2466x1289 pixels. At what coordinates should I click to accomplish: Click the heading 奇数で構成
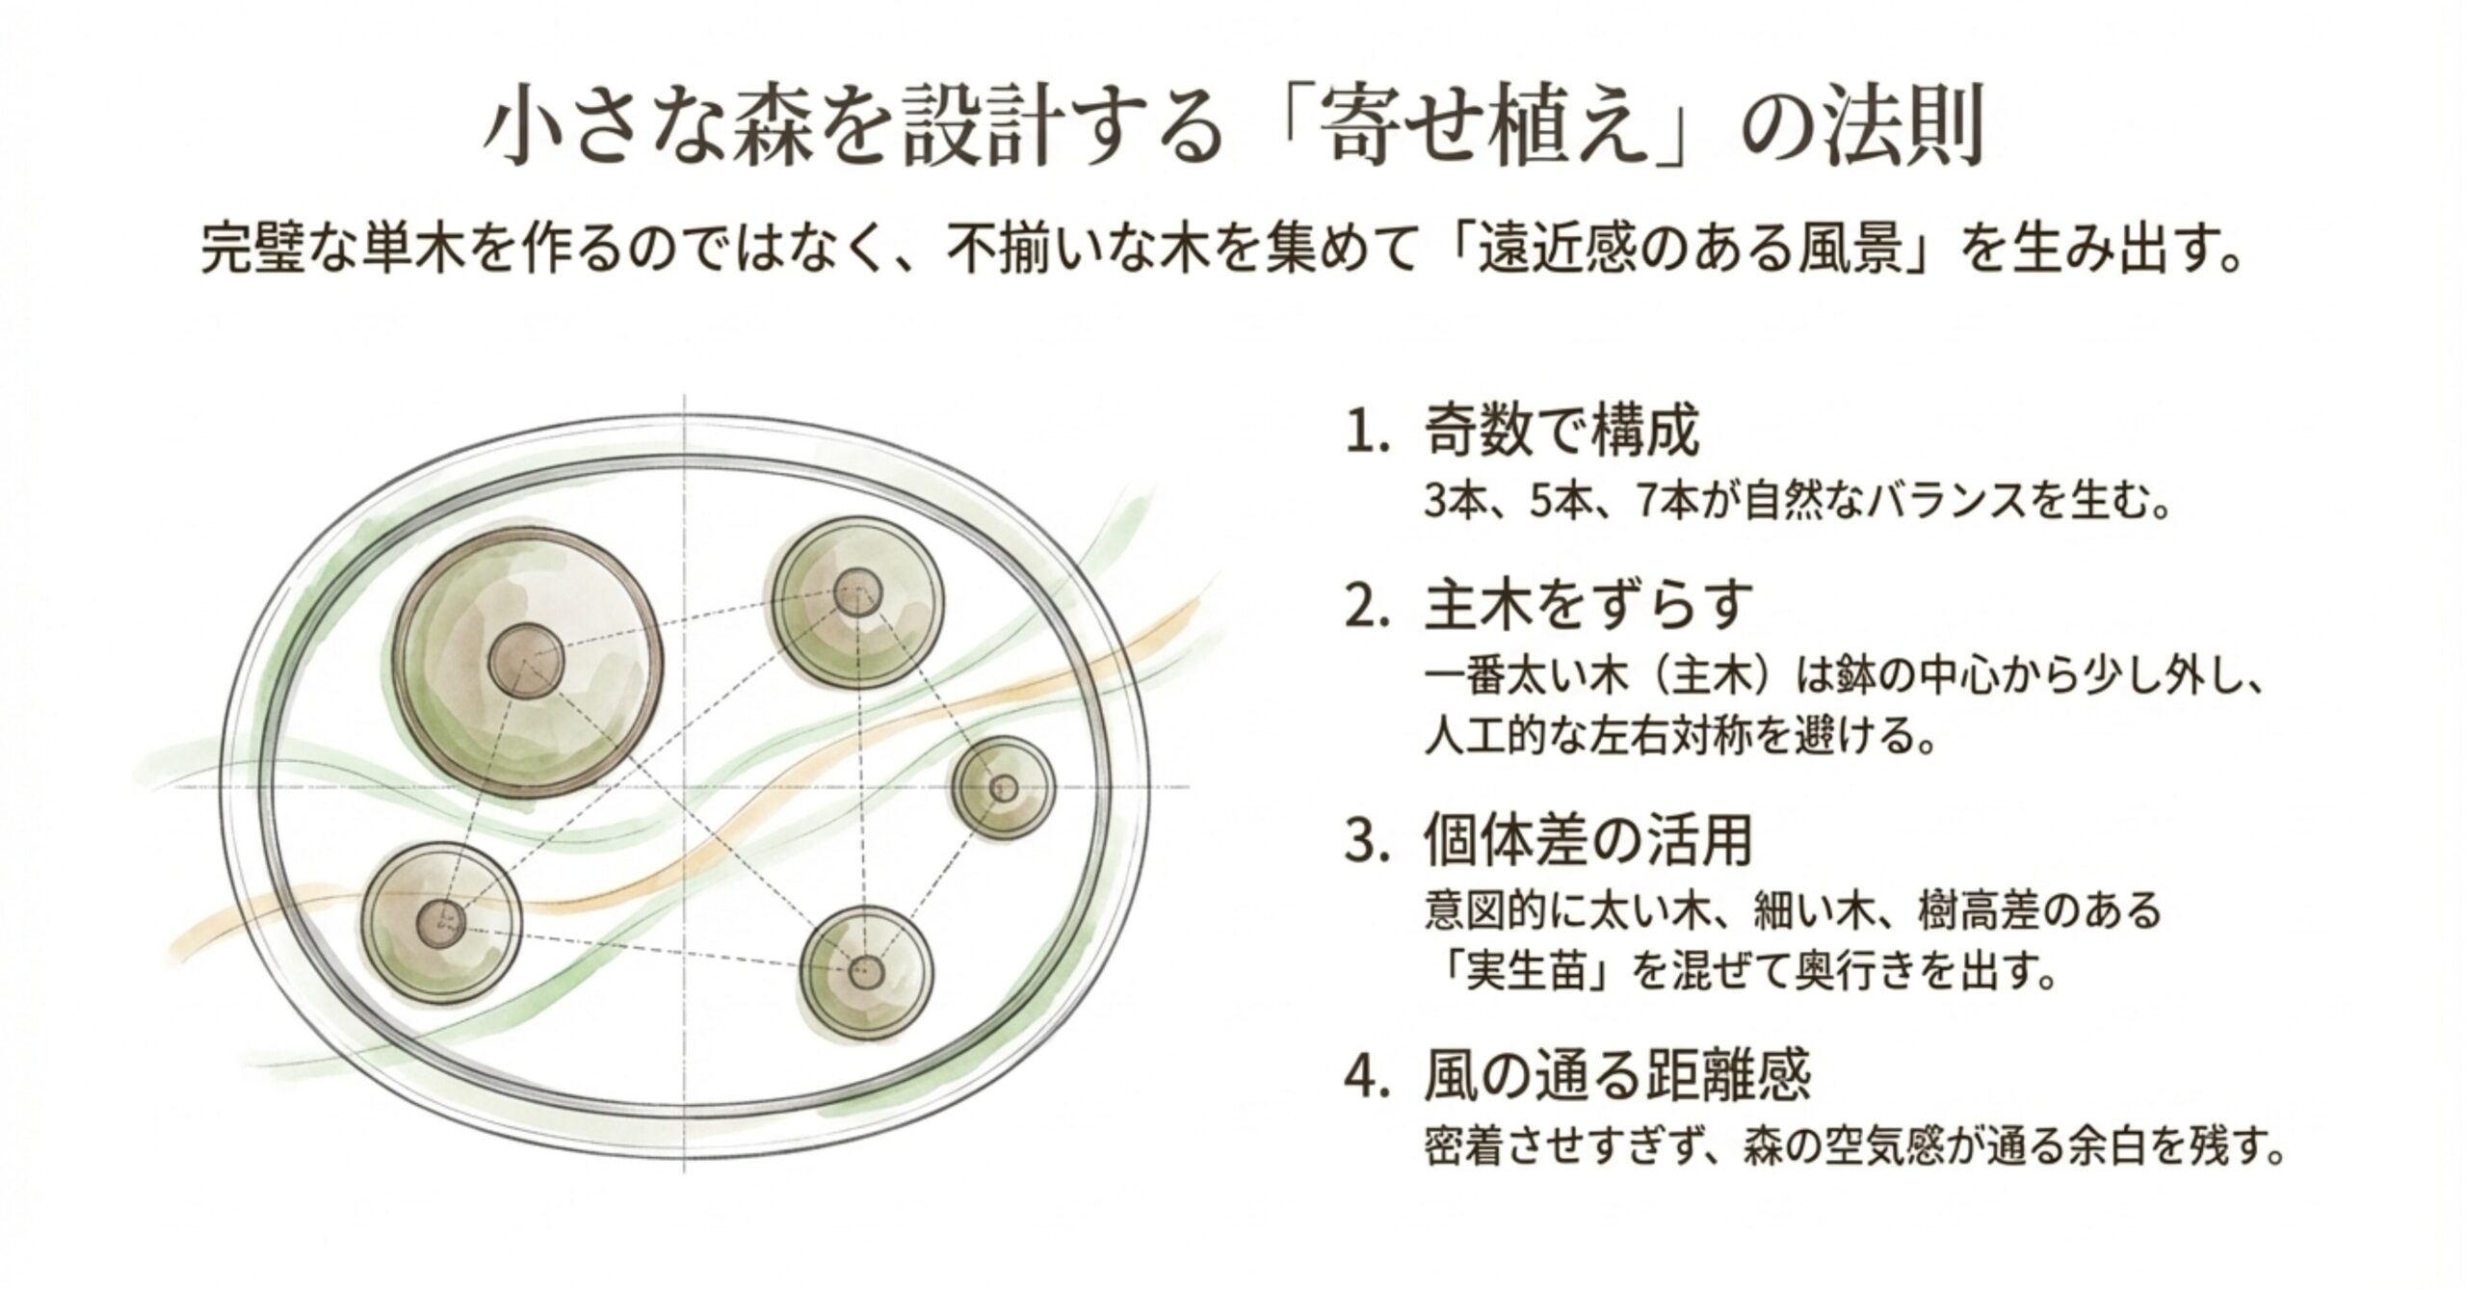pos(1561,433)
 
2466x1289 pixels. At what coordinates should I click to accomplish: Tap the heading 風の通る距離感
pos(1617,1074)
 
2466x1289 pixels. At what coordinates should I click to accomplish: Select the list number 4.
pos(1366,1075)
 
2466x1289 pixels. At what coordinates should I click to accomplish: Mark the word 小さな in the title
pos(588,130)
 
